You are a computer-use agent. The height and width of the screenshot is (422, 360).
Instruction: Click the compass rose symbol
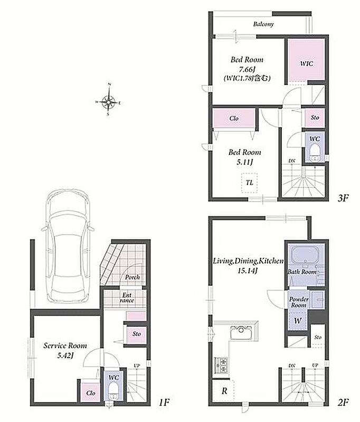108,102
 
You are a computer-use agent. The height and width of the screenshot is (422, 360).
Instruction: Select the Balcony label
263,24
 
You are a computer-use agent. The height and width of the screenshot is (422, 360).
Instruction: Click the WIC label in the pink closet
306,63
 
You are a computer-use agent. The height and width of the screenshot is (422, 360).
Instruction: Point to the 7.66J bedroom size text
247,69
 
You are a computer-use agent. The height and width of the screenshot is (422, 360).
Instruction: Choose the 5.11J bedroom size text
245,162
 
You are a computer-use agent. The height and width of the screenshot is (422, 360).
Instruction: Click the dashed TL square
249,183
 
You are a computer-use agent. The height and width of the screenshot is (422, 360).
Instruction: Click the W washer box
298,320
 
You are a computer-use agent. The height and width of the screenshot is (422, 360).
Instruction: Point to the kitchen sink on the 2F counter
241,332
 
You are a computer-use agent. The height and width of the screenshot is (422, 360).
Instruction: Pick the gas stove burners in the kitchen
221,365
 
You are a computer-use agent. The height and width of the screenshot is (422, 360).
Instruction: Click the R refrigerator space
223,390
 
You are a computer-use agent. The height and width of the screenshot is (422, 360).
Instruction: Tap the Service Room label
65,346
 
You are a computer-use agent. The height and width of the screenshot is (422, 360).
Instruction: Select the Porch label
132,277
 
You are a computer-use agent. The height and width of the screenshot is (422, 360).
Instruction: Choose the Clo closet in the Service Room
90,392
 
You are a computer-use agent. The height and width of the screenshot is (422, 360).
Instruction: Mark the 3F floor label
343,198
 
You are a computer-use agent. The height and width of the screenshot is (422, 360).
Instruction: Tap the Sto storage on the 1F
137,334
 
